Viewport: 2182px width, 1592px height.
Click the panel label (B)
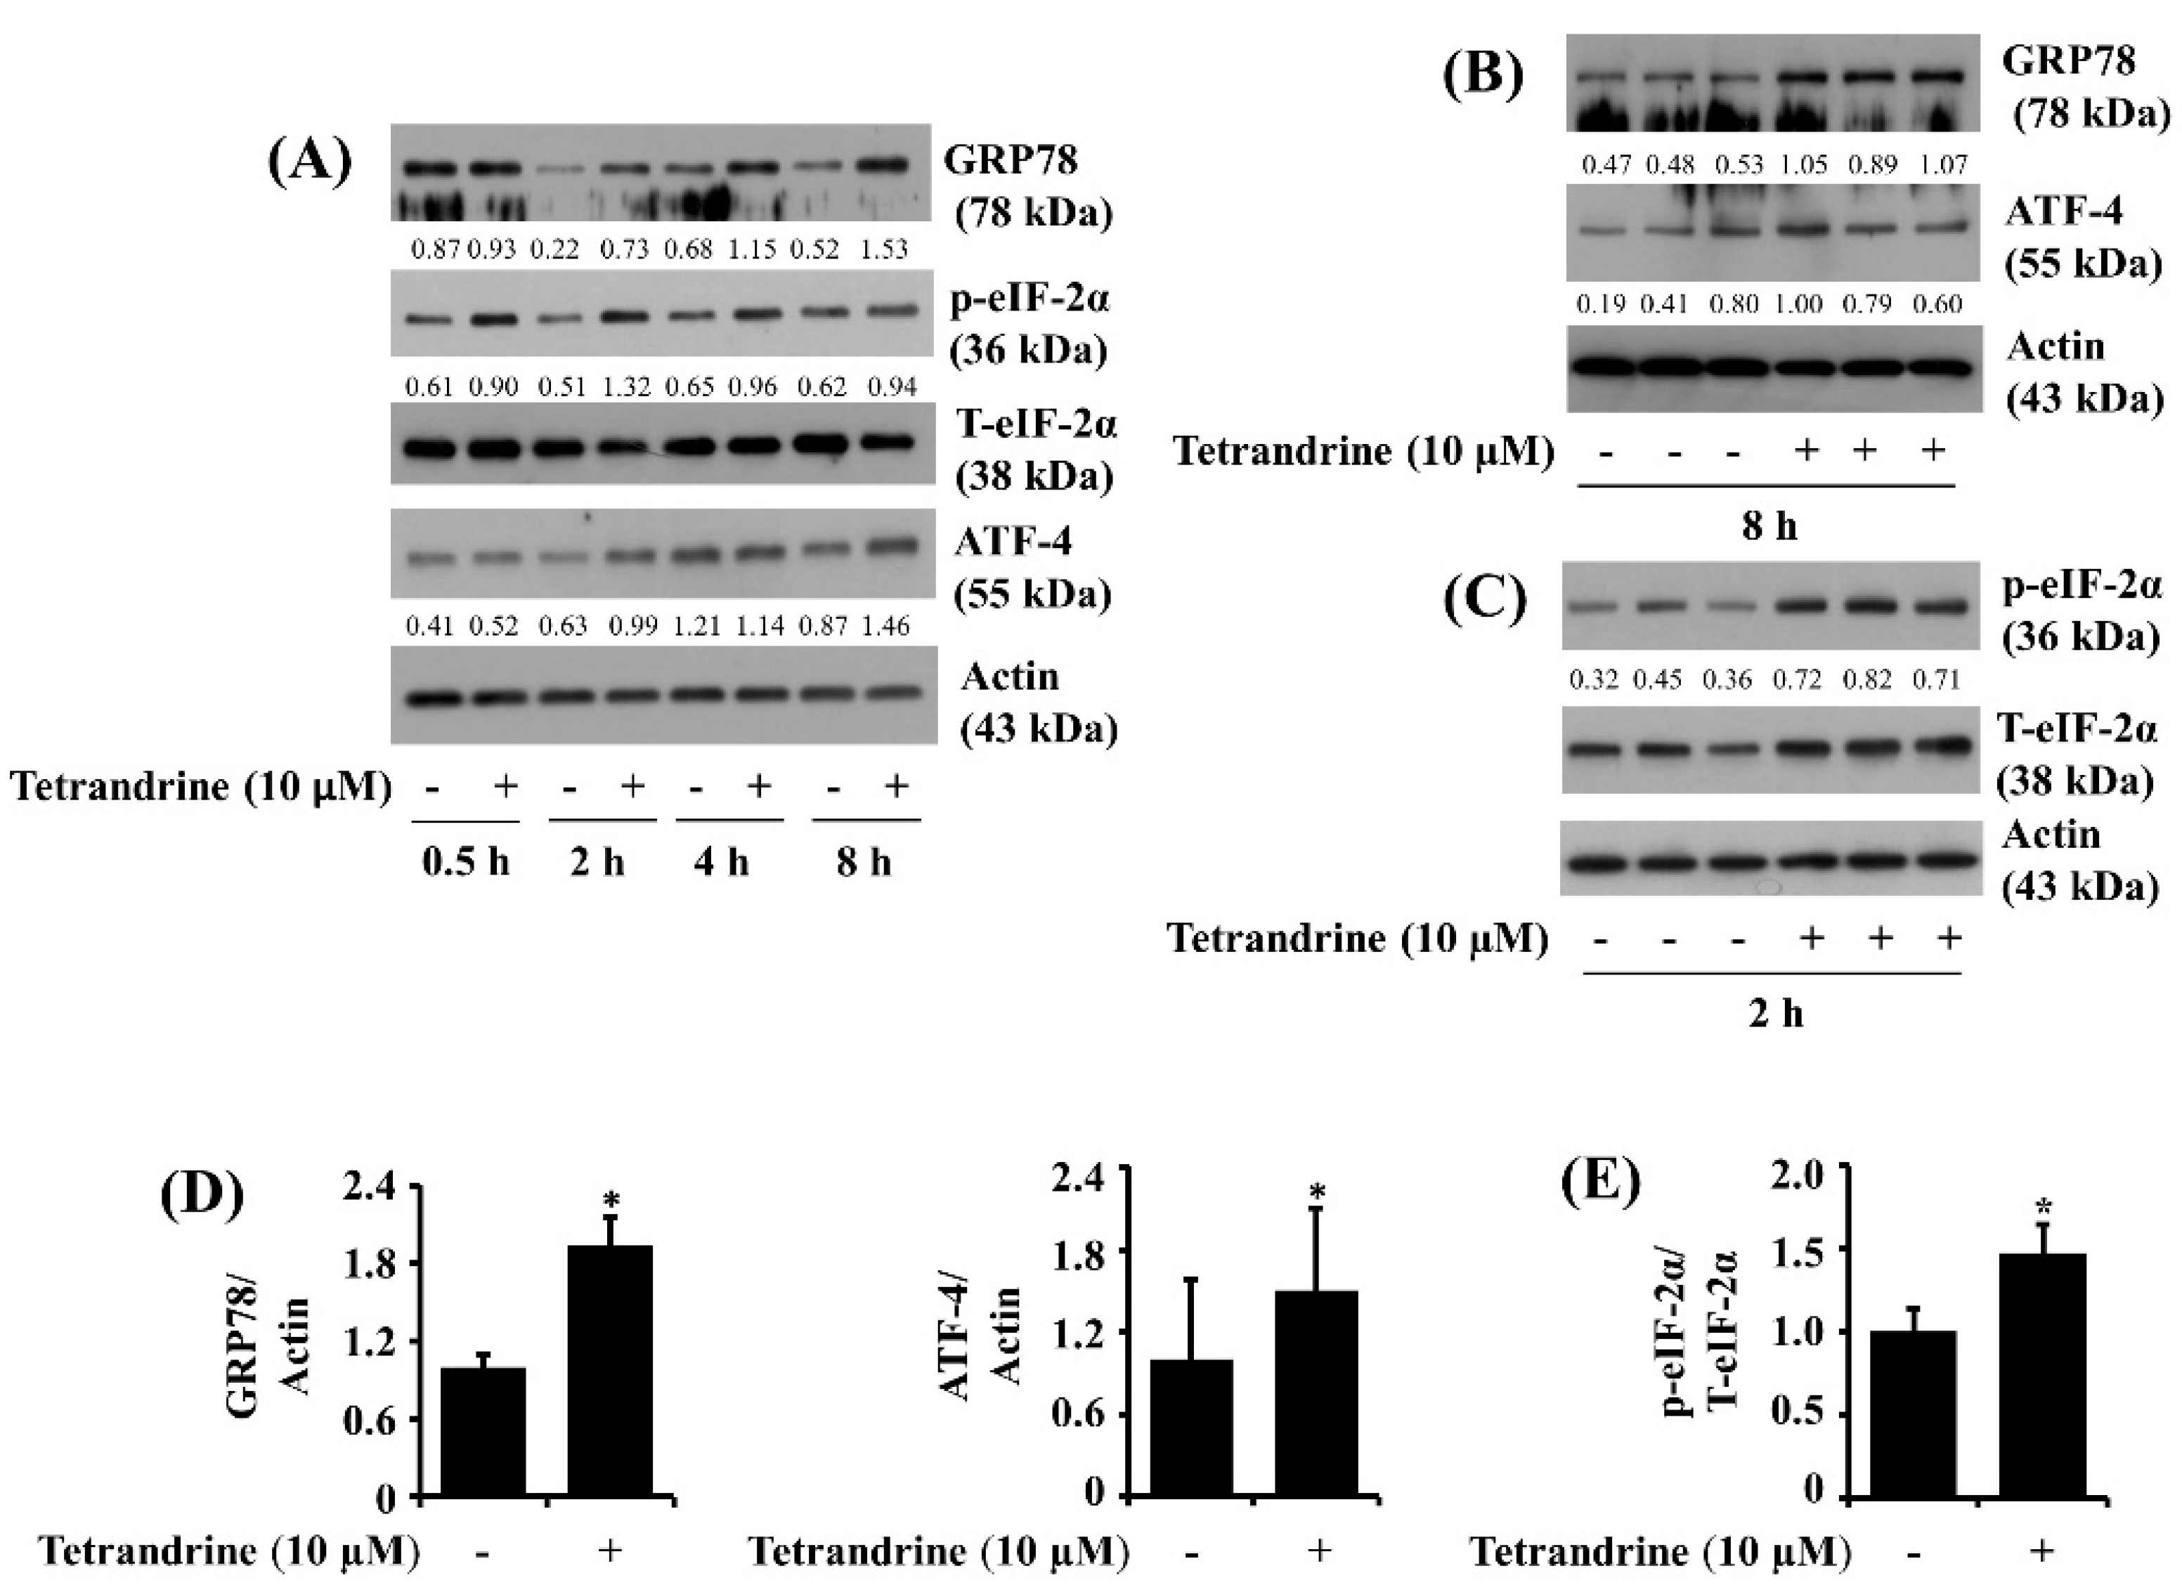click(x=1483, y=74)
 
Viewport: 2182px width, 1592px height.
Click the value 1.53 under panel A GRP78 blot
click(x=884, y=249)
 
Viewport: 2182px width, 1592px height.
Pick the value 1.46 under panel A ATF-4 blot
click(x=885, y=627)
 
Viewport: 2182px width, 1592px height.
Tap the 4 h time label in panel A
click(x=721, y=861)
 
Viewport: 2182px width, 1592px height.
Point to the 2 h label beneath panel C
click(x=1775, y=1014)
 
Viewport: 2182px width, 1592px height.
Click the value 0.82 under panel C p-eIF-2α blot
click(x=1867, y=680)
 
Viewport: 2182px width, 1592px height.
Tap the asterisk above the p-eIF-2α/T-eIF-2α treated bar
click(x=2044, y=1208)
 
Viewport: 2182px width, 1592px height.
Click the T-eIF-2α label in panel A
click(x=1035, y=424)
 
